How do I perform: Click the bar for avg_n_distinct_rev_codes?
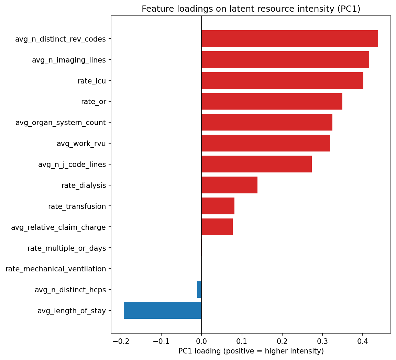[289, 39]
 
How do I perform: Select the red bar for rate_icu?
[282, 81]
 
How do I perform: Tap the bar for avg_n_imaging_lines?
[285, 60]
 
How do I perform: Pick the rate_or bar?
[272, 101]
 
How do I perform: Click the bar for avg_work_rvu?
[265, 143]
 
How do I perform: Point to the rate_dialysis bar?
[229, 185]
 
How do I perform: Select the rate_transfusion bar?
[218, 206]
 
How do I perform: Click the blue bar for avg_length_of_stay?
[162, 311]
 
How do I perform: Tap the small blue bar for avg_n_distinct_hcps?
[199, 290]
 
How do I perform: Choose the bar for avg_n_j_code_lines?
[256, 164]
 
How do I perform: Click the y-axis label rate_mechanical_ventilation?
[56, 269]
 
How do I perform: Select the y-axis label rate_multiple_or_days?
[67, 248]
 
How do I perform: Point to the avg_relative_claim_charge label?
[58, 227]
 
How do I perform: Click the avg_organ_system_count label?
[60, 123]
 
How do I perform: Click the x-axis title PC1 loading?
[251, 351]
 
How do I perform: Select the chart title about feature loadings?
[251, 9]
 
